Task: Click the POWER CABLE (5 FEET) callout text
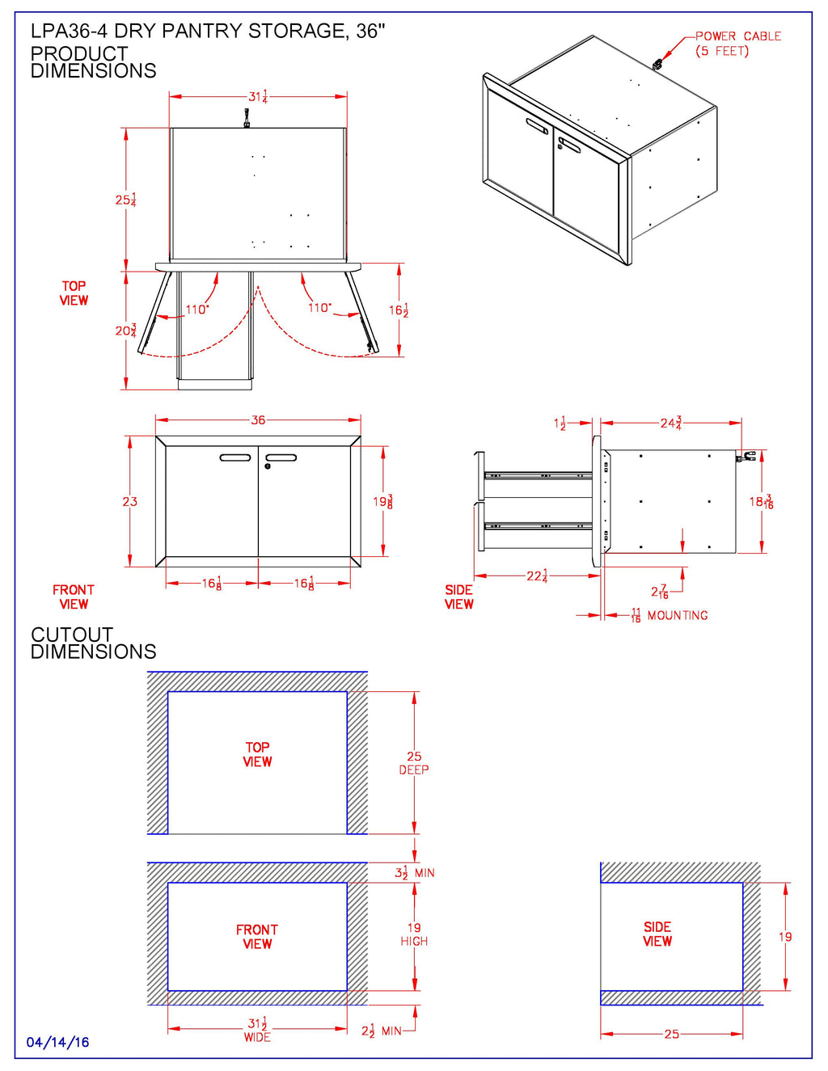tap(737, 44)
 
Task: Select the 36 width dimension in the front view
tap(258, 420)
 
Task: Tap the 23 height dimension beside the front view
tap(129, 502)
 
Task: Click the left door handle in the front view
tap(235, 457)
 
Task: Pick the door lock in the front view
tap(268, 466)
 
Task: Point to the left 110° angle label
tap(196, 310)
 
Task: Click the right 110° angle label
tap(319, 308)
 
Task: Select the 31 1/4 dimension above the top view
tap(258, 96)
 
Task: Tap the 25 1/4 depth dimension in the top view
tap(125, 200)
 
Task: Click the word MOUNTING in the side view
tap(678, 616)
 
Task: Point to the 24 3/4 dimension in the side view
tap(671, 423)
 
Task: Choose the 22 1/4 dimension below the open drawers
tap(537, 576)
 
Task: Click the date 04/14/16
tap(57, 1043)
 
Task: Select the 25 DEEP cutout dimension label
tap(414, 763)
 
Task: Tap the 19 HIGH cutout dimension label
tap(414, 934)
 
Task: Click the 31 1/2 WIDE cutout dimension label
tap(257, 1029)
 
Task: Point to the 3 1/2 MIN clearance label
tap(414, 873)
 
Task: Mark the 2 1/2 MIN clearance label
tap(381, 1031)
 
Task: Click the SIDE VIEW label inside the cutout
tap(657, 934)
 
